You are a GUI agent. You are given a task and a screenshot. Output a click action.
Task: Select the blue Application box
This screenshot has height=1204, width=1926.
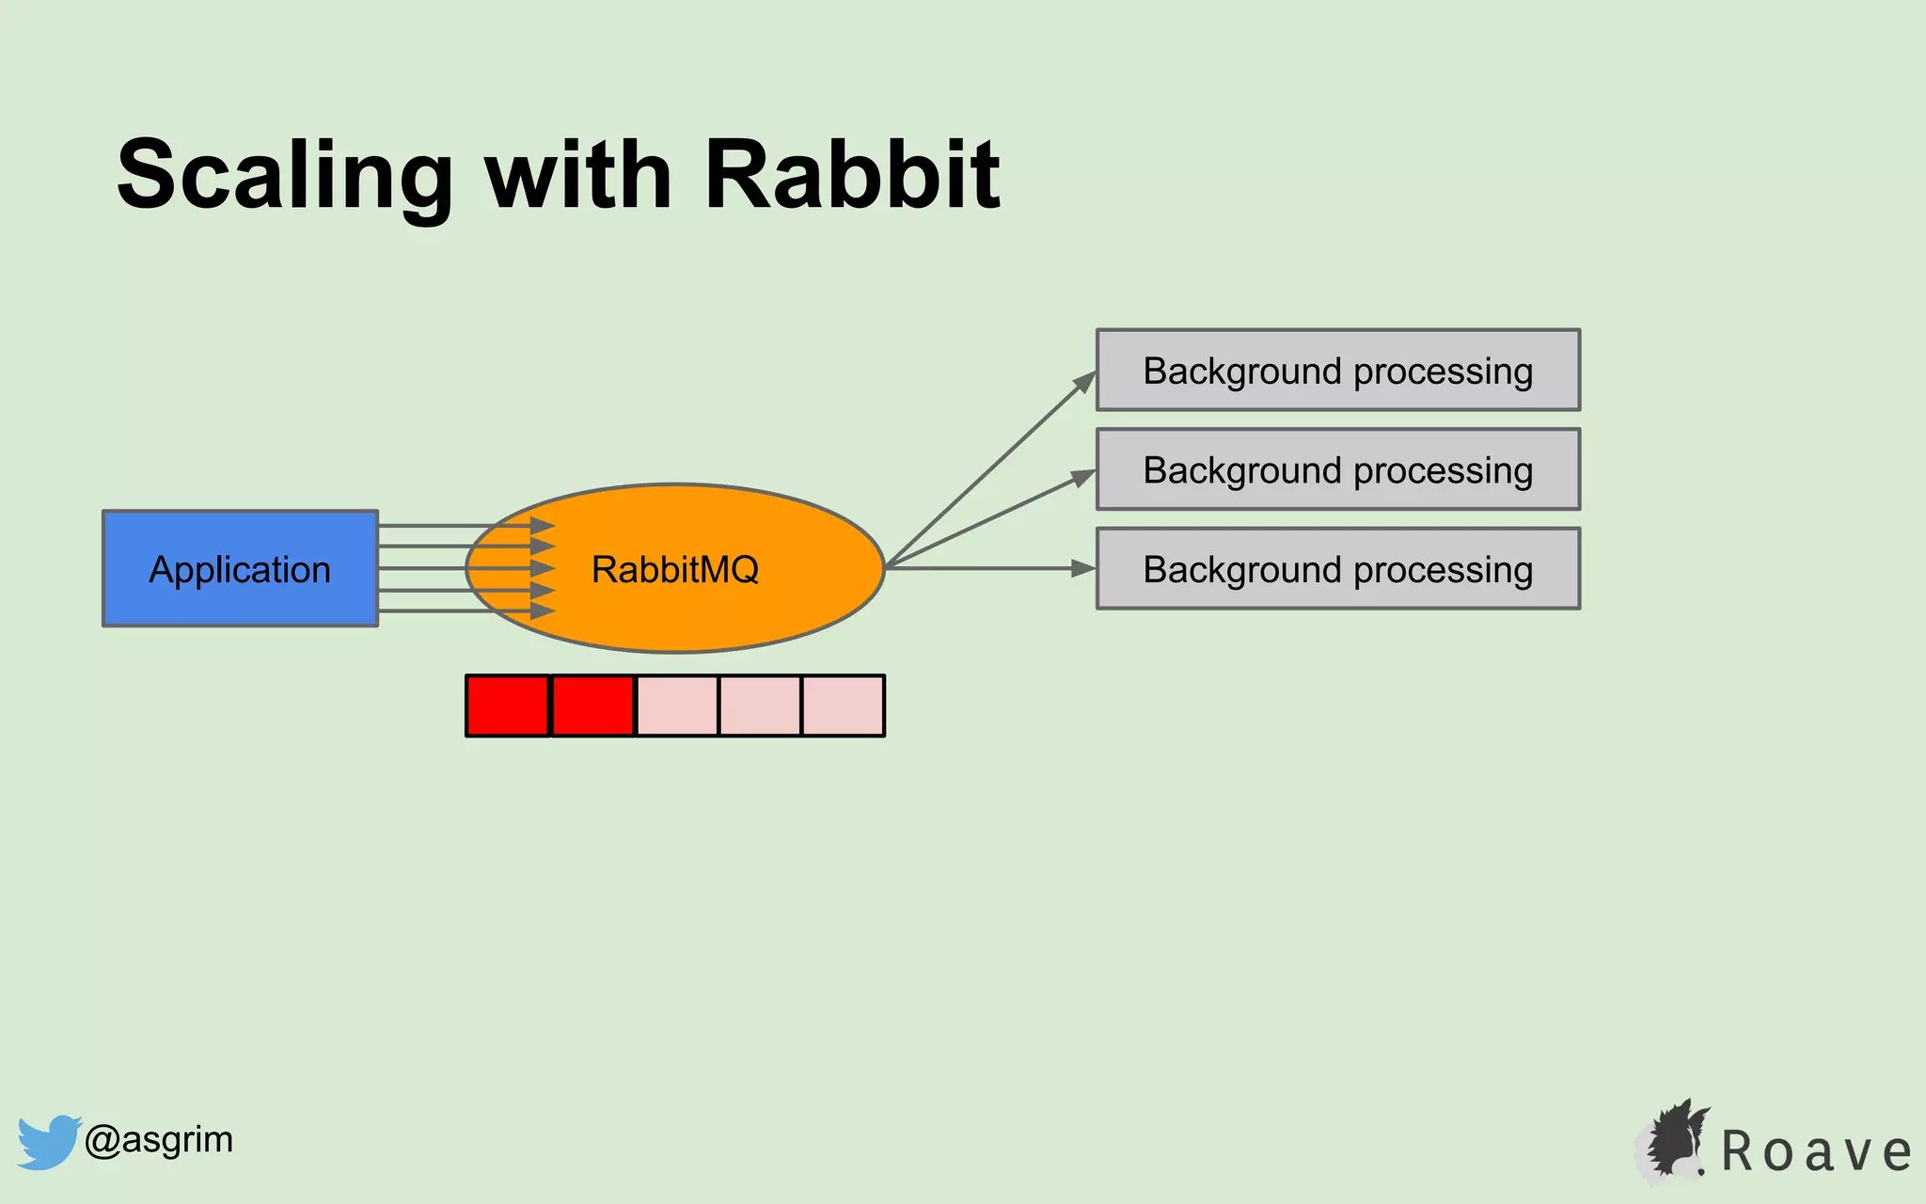coord(240,568)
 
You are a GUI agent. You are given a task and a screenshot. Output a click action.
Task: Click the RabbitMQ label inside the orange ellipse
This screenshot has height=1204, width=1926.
coord(674,569)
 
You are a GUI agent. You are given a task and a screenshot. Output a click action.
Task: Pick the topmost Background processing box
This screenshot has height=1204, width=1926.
coord(1337,370)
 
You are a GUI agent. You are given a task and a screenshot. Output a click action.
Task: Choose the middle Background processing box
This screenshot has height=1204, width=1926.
coord(1337,469)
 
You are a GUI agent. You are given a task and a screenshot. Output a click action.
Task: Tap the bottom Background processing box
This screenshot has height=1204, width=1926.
coord(1337,569)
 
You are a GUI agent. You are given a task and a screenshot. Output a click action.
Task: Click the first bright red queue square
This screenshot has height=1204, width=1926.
coord(508,705)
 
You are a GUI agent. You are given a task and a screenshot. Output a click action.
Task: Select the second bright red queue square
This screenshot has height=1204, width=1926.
coord(592,705)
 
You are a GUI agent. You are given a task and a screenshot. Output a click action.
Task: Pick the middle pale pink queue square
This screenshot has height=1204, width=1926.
coord(760,705)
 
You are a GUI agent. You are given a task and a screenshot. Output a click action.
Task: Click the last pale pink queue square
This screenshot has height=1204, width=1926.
coord(843,705)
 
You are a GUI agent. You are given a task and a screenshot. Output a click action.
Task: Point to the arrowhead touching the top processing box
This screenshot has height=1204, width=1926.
coord(1085,382)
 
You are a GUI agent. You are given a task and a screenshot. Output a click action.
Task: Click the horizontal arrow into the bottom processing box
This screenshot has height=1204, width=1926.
coord(987,568)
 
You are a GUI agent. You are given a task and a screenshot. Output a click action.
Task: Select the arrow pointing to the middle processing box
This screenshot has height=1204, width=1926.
coord(987,520)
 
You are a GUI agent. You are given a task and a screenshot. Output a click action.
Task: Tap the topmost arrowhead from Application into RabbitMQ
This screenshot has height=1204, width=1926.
coord(542,526)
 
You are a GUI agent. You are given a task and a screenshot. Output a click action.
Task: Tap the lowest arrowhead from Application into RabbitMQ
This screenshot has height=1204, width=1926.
coord(542,611)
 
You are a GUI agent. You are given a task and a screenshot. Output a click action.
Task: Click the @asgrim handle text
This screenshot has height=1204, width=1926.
coord(158,1140)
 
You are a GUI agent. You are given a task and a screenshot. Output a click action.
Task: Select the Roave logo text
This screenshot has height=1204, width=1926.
coord(1815,1151)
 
